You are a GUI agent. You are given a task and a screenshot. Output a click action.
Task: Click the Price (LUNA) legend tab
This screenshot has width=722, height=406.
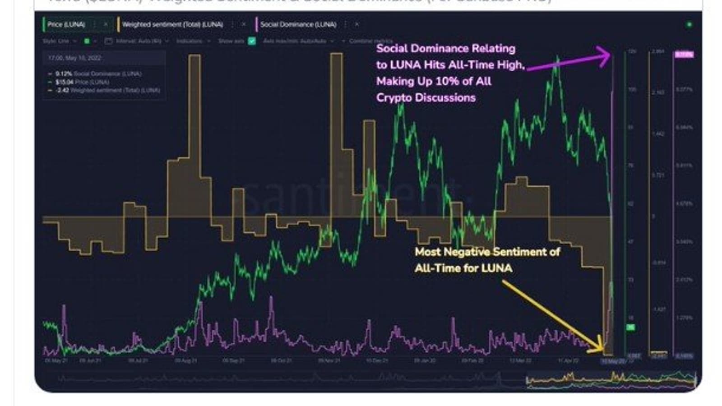[66, 24]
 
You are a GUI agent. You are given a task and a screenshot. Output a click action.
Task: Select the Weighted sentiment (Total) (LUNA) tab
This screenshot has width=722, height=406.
[172, 24]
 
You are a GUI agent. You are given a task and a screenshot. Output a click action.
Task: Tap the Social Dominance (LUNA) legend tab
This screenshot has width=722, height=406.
[298, 24]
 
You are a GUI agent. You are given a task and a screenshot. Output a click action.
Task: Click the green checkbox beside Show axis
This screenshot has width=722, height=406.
[252, 41]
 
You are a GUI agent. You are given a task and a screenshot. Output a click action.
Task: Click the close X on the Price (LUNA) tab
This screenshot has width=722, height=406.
[106, 24]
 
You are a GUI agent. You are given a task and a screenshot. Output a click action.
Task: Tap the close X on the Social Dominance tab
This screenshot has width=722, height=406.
[356, 24]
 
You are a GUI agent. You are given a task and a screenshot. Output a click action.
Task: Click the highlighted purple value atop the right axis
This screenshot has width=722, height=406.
[684, 55]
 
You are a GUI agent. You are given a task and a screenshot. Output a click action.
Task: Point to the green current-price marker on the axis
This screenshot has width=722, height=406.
[630, 327]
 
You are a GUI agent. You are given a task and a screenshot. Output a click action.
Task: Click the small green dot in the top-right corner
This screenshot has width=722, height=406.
[689, 24]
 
